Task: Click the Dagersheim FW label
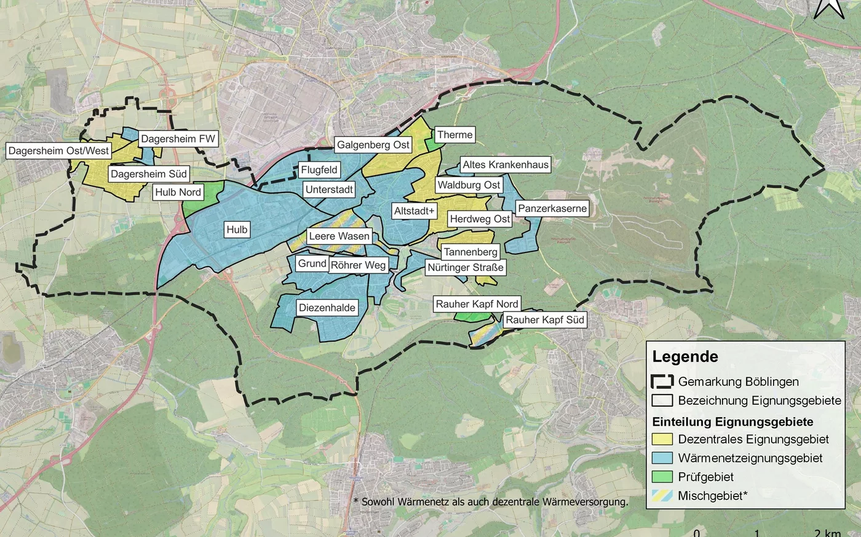coord(178,139)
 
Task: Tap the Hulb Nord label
coord(178,192)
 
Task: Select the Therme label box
coord(454,135)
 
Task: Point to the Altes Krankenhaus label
coord(505,165)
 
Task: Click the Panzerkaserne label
coord(552,209)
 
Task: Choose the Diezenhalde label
coord(327,308)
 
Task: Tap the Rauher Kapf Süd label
coord(544,320)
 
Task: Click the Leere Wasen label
coord(339,237)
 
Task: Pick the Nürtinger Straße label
coord(466,268)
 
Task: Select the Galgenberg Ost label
coord(373,145)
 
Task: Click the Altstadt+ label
coord(414,211)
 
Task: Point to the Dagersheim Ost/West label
coord(58,151)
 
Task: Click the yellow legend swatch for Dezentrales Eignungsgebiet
coord(662,439)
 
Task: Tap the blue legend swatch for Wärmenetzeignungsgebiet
coord(662,458)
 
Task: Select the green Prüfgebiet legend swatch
coord(662,477)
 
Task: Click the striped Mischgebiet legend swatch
coord(662,496)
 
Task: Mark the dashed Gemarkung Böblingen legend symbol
coord(662,382)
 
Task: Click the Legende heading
coord(685,357)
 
